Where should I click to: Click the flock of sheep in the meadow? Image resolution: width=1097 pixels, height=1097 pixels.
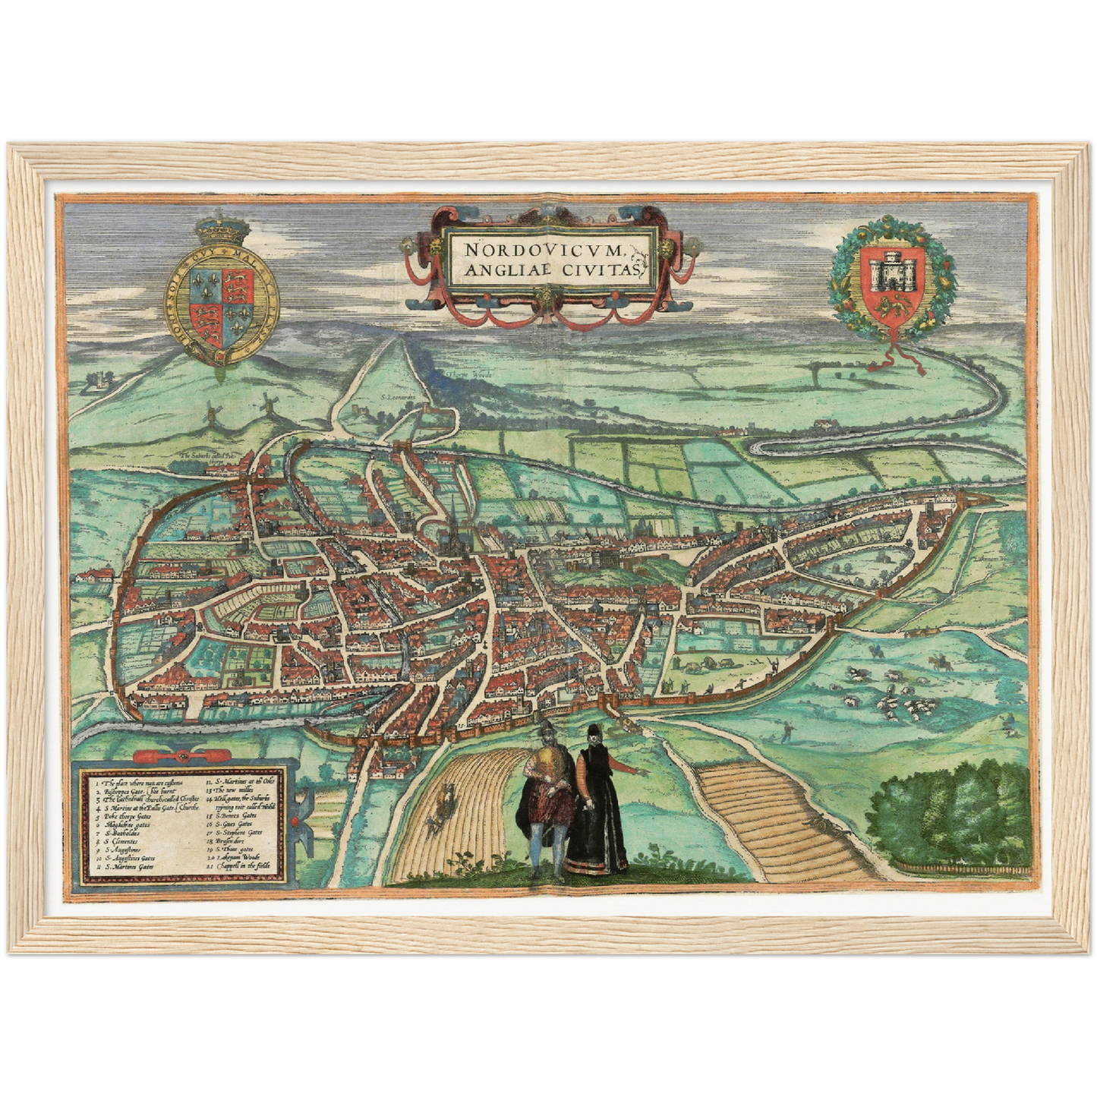pos(903,702)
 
